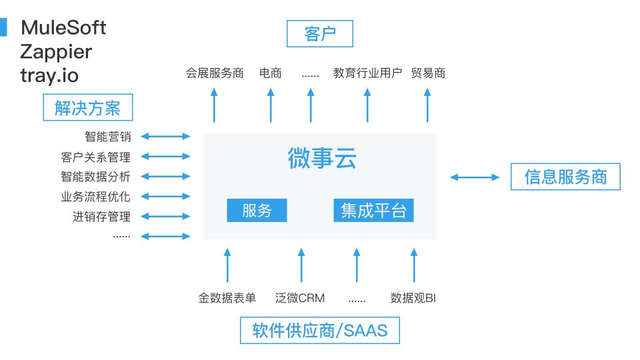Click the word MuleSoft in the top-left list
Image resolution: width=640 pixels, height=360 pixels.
[63, 28]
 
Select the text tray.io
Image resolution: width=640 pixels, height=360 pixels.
[49, 75]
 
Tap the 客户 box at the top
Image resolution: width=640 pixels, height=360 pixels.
[319, 34]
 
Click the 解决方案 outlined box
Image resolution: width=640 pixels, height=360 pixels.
[87, 107]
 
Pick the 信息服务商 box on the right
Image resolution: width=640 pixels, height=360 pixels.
[565, 177]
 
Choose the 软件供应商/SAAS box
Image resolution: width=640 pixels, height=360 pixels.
[319, 330]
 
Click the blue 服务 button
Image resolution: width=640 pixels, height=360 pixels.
[257, 211]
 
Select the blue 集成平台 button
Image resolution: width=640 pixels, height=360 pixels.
[373, 211]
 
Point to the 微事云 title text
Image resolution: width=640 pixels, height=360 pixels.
[322, 159]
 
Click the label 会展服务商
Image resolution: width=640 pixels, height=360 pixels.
[215, 73]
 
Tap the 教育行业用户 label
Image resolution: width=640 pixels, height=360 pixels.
[367, 73]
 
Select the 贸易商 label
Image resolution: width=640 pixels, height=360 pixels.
[428, 73]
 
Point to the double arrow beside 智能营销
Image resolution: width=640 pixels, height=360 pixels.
[166, 137]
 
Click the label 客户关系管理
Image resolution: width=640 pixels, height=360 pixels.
[95, 157]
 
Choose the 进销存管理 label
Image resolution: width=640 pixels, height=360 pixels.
[101, 217]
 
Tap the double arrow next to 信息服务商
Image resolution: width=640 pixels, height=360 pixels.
[475, 177]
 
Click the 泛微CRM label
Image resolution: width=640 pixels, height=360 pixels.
[300, 298]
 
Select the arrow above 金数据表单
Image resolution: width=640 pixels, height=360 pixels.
[227, 265]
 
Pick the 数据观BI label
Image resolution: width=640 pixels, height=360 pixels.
[413, 298]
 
